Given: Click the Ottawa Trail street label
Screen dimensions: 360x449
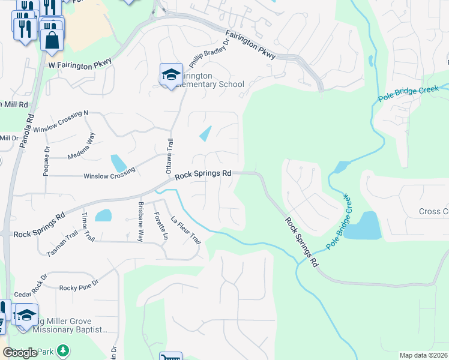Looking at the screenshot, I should (x=169, y=154).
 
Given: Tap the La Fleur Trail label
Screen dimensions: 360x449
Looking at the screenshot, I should (x=185, y=230).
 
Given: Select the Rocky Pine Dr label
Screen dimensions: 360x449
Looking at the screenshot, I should (x=78, y=288).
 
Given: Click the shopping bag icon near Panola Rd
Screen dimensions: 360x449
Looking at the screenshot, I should (x=52, y=40).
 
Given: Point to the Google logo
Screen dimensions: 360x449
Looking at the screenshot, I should (x=20, y=353).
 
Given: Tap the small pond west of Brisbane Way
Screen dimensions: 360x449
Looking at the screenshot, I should (x=103, y=215).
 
